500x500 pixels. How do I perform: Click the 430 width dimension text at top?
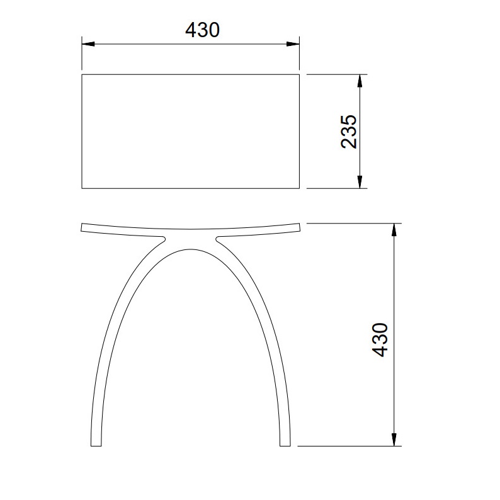click(x=202, y=30)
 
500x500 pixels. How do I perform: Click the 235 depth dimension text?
click(x=348, y=132)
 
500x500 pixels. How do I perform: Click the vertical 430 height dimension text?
click(x=380, y=339)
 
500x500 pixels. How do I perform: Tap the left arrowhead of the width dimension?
click(x=88, y=44)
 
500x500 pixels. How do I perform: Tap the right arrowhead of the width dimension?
click(x=293, y=44)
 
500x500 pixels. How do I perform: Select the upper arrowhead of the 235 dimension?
click(x=360, y=81)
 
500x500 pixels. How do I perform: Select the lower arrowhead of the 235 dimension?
click(x=360, y=182)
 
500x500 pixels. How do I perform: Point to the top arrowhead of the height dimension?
click(x=394, y=230)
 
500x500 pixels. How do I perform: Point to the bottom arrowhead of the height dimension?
click(x=394, y=440)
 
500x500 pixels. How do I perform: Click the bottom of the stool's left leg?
click(x=96, y=445)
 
